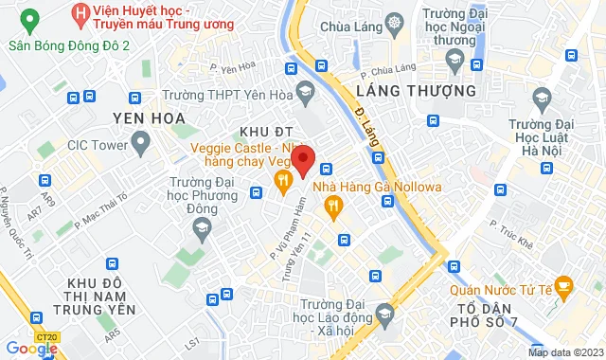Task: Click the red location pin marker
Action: click(301, 160)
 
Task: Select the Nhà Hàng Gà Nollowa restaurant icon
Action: click(331, 205)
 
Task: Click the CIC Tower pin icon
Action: click(141, 145)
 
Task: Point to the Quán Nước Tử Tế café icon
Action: click(563, 284)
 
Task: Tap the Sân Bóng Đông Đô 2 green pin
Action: click(28, 20)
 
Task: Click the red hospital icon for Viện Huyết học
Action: click(80, 13)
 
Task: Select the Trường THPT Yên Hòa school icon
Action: click(305, 93)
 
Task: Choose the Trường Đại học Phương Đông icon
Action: click(201, 226)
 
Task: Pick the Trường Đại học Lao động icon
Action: click(384, 314)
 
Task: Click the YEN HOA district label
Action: click(147, 117)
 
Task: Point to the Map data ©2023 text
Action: click(564, 353)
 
